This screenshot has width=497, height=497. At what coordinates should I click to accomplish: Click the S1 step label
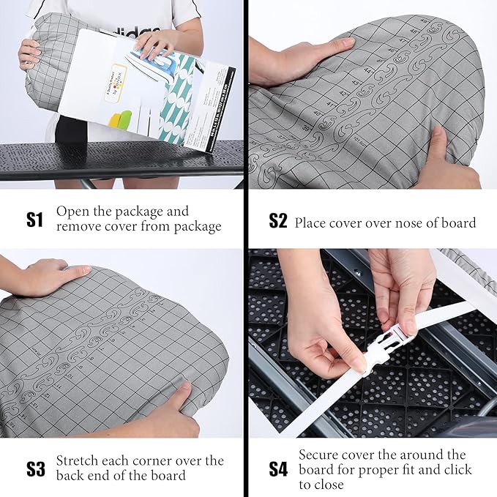click(34, 219)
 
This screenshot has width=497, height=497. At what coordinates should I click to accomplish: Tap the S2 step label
click(277, 221)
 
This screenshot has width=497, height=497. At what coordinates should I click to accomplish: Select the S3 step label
click(35, 468)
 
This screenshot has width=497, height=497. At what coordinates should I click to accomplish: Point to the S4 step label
click(277, 468)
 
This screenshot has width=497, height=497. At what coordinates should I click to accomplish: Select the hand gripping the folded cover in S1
click(29, 53)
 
